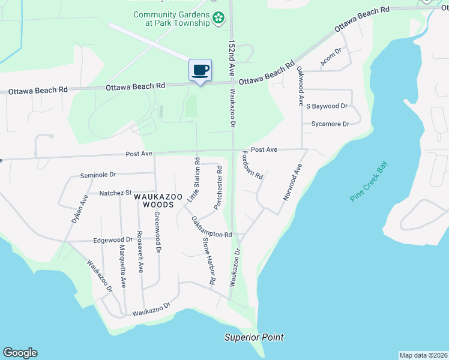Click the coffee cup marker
coord(200,70)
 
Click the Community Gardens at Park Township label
coord(171,19)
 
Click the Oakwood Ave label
coord(301,87)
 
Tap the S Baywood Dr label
coord(327,106)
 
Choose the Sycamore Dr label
coord(330,124)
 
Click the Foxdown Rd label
coord(253,166)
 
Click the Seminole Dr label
coord(98,175)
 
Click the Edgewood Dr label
coord(113,240)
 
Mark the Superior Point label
coord(254,337)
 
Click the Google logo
coord(20,353)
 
